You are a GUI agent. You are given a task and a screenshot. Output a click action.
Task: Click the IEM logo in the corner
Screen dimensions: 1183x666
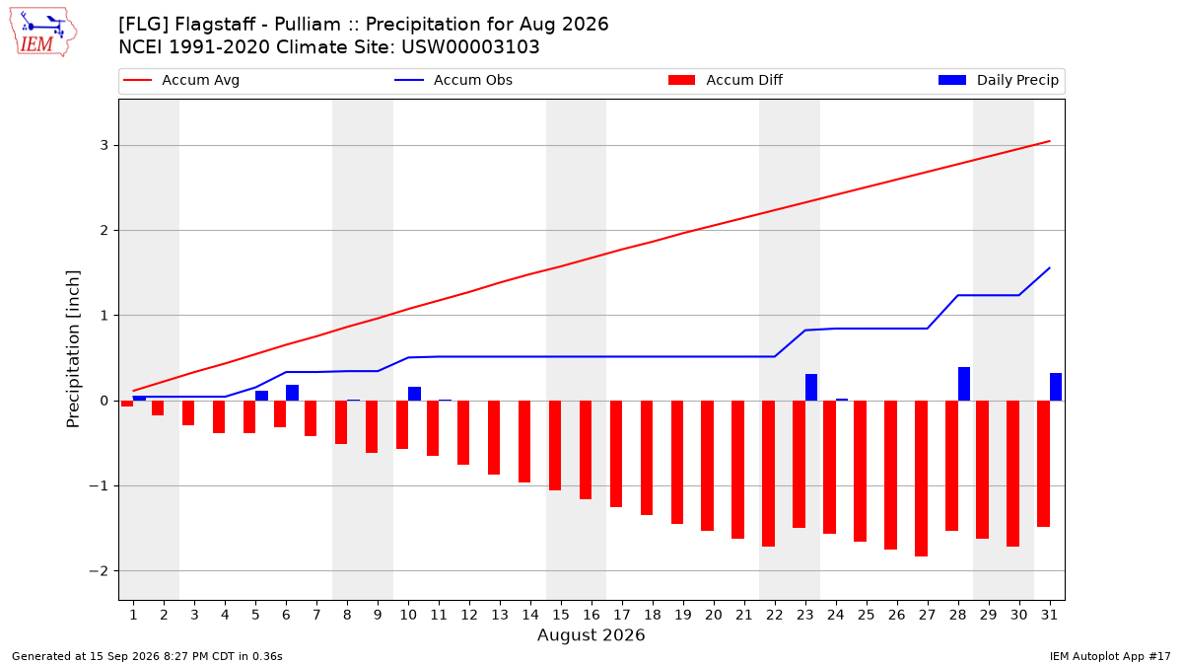point(42,33)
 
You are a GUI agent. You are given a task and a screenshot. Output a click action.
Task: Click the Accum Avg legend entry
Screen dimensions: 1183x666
point(181,80)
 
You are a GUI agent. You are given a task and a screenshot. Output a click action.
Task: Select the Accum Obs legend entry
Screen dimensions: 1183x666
point(453,80)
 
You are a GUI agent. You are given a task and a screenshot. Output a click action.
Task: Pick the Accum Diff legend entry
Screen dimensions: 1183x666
point(726,80)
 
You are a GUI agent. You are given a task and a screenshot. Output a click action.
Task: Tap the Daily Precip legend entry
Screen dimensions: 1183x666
point(998,80)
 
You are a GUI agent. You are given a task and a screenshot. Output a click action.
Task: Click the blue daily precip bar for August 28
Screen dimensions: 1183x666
point(964,384)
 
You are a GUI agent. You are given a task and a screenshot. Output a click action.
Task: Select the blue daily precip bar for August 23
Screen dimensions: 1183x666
point(811,388)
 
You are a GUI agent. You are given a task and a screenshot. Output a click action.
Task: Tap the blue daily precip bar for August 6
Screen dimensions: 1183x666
point(292,393)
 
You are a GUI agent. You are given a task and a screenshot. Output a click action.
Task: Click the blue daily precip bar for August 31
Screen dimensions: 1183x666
point(1056,387)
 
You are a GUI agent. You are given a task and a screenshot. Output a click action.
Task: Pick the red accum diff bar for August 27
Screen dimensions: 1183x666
point(921,479)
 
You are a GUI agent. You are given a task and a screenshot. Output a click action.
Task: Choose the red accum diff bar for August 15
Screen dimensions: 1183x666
point(554,446)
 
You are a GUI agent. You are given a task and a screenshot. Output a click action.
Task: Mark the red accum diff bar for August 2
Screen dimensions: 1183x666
point(158,408)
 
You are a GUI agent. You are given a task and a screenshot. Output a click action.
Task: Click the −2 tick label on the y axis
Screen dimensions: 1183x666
point(99,571)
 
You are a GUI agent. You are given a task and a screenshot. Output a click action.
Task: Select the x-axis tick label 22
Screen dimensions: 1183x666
point(775,615)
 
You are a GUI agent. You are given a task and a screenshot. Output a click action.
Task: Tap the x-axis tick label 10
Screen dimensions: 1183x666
point(408,615)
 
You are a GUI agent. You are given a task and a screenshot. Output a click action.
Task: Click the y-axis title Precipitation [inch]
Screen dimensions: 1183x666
point(73,349)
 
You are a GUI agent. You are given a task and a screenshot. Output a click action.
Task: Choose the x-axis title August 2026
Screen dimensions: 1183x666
point(591,634)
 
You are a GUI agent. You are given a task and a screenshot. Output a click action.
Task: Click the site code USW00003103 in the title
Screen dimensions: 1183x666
point(470,47)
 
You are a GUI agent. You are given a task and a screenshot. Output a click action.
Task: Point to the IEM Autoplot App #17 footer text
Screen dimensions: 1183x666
point(1110,656)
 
